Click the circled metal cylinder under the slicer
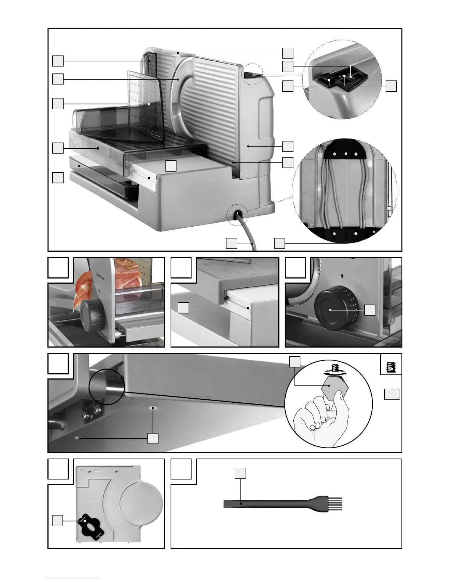click(x=106, y=387)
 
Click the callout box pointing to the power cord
click(x=231, y=243)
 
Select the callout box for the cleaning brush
click(x=240, y=473)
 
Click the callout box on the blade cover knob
click(x=57, y=521)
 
